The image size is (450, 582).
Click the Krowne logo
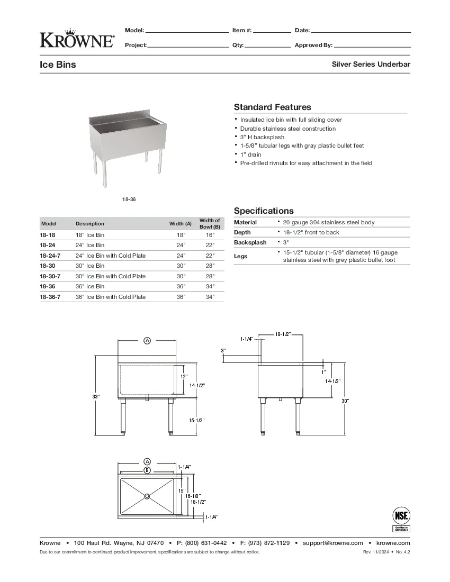click(77, 38)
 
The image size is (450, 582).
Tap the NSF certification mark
click(401, 518)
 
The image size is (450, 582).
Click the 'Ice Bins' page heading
click(58, 65)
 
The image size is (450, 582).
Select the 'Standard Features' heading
click(272, 107)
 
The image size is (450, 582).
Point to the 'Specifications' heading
click(264, 211)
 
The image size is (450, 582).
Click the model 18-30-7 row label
click(50, 276)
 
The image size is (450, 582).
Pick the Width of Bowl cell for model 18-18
click(210, 235)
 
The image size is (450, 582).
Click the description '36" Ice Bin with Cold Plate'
click(110, 297)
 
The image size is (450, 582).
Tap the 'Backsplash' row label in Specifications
click(250, 242)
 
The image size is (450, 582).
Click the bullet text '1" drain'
click(250, 154)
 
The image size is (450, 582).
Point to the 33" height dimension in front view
click(96, 396)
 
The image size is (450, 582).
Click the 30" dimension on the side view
click(345, 401)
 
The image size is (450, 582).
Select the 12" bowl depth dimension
click(184, 377)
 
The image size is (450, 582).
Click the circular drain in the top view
click(147, 496)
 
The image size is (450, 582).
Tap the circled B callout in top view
click(147, 470)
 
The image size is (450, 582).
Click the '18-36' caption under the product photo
click(128, 199)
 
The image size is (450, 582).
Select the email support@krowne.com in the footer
click(332, 543)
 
